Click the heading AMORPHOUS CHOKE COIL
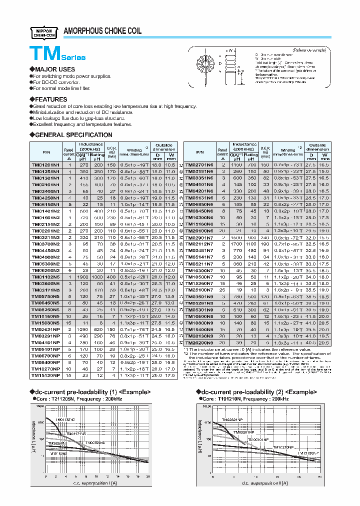pos(102,31)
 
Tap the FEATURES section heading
pos(50,99)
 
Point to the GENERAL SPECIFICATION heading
pos(72,135)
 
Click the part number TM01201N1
pos(45,164)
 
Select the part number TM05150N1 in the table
pos(45,204)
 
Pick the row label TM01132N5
pos(45,276)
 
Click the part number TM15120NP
pos(45,375)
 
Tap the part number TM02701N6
pos(199,164)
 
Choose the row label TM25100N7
pos(199,289)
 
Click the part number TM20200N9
pos(199,342)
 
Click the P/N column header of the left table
pos(45,151)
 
